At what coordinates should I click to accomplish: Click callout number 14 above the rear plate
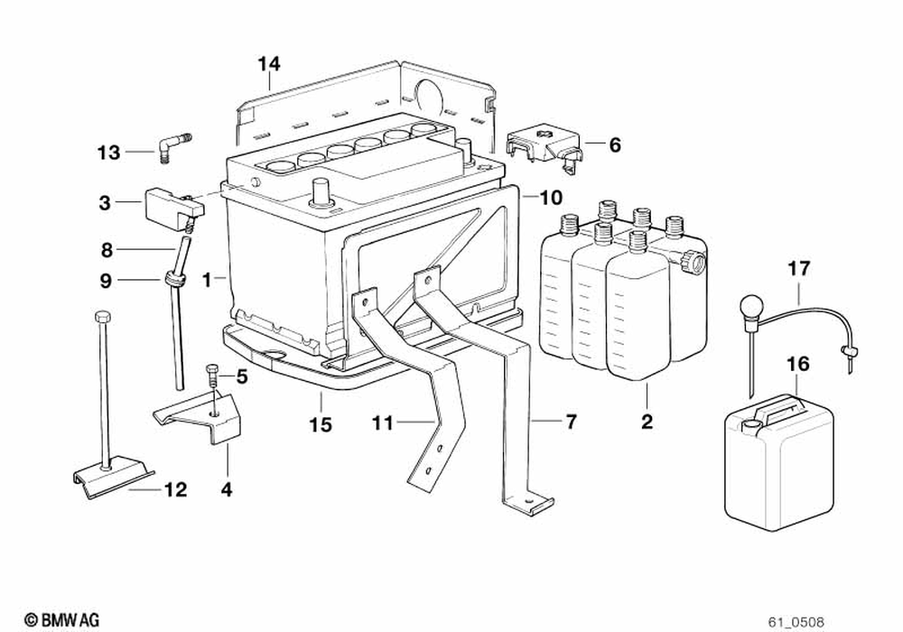[268, 64]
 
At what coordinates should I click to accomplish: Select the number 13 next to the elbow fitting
[109, 153]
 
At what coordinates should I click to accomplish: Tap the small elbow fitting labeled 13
[172, 146]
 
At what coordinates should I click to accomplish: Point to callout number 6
[615, 144]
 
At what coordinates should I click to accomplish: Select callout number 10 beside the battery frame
[551, 197]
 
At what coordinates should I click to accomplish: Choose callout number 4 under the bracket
[227, 489]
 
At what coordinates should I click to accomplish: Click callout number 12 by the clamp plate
[175, 489]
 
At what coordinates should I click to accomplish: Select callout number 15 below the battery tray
[321, 424]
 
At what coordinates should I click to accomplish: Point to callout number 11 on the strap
[383, 422]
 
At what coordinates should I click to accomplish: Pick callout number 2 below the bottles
[647, 421]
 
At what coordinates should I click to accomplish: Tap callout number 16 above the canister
[798, 365]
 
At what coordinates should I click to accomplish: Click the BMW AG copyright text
[61, 620]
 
